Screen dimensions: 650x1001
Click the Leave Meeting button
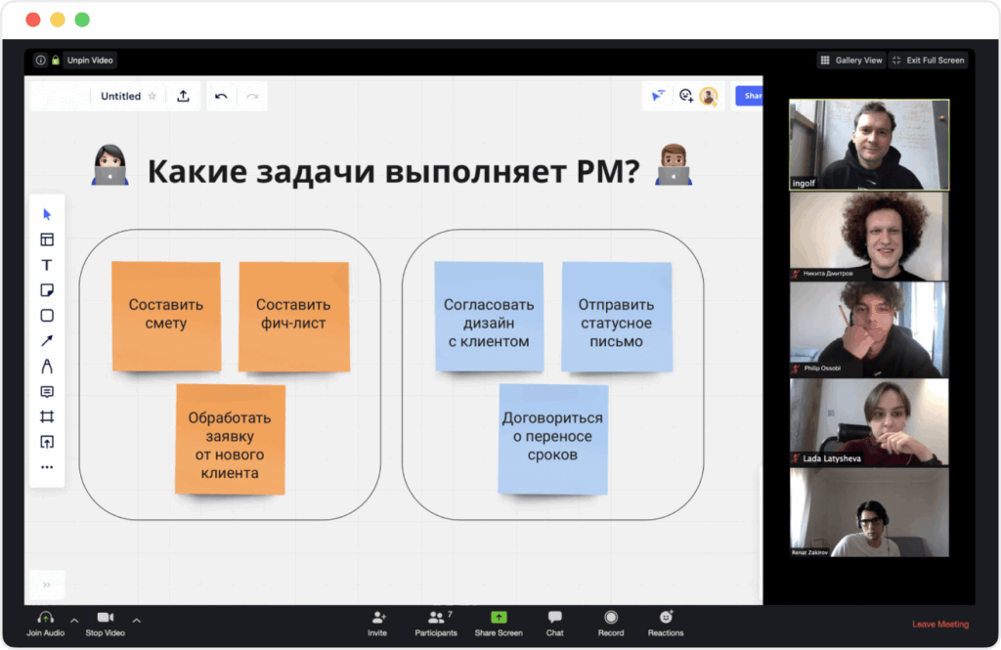pyautogui.click(x=939, y=624)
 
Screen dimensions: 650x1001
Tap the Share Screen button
pyautogui.click(x=499, y=623)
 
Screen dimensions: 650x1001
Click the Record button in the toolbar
pyautogui.click(x=611, y=623)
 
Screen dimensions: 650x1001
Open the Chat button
pyautogui.click(x=554, y=623)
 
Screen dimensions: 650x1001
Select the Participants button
pyautogui.click(x=436, y=623)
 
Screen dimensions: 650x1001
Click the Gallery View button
pyautogui.click(x=850, y=61)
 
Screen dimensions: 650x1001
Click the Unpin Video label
pyautogui.click(x=90, y=61)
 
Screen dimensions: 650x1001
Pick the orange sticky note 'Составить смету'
pyautogui.click(x=165, y=315)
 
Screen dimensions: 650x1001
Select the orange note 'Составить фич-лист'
pyautogui.click(x=293, y=315)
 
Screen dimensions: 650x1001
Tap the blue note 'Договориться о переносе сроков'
pyautogui.click(x=552, y=437)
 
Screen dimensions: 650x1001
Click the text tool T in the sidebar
pyautogui.click(x=46, y=265)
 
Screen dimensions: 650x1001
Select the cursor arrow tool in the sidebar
pyautogui.click(x=47, y=214)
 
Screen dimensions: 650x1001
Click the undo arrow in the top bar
pyautogui.click(x=221, y=96)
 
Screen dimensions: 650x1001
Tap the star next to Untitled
pyautogui.click(x=152, y=96)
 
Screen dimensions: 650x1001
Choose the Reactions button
pyautogui.click(x=666, y=623)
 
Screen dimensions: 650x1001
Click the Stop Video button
pyautogui.click(x=106, y=623)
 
